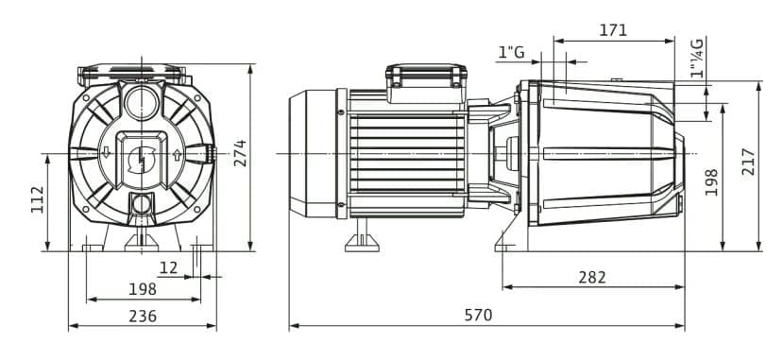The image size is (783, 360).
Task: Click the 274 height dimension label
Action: tap(240, 153)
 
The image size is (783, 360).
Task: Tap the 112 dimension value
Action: tap(38, 199)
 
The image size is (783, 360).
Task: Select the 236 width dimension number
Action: tap(143, 316)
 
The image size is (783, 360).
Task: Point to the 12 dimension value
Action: tap(168, 268)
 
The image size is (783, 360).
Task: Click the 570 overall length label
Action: tap(478, 315)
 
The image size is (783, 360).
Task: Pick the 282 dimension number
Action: tap(592, 277)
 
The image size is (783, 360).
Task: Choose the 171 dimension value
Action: tap(613, 30)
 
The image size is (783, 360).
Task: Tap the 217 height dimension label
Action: tap(748, 162)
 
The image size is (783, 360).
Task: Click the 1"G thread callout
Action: tap(511, 51)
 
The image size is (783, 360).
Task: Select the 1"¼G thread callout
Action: tap(697, 58)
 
